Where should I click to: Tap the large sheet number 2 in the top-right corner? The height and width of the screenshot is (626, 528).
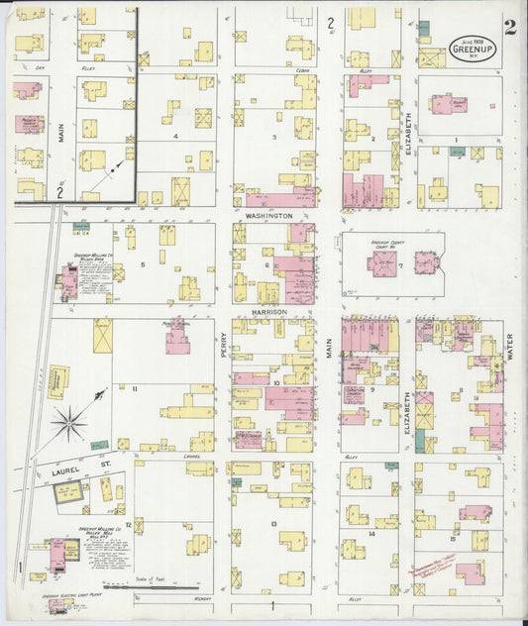[509, 27]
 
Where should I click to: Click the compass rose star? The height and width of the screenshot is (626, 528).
[70, 423]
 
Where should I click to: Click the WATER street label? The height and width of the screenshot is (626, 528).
[510, 347]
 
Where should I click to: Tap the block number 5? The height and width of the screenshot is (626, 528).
[143, 264]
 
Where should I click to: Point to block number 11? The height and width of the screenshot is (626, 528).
[135, 389]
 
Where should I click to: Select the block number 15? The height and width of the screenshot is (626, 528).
[452, 539]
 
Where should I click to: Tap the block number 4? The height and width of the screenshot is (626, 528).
[175, 136]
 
